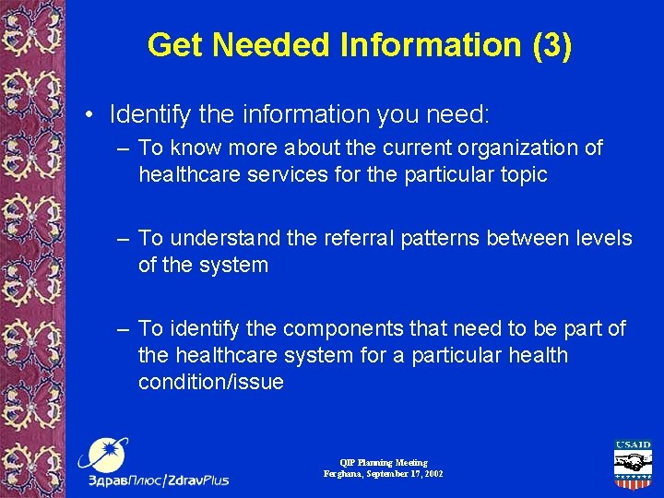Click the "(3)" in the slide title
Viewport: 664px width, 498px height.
coord(551,45)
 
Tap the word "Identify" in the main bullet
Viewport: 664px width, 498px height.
coord(148,115)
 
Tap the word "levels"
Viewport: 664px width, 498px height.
coord(600,238)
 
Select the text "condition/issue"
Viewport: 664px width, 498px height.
coord(211,382)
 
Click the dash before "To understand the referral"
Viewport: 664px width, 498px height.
coord(123,238)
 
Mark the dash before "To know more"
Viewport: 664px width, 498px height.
coord(123,148)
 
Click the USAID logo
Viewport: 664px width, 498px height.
coord(633,464)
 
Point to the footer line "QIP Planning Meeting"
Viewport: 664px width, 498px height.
coord(383,462)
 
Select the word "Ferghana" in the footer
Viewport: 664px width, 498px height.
coord(342,473)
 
